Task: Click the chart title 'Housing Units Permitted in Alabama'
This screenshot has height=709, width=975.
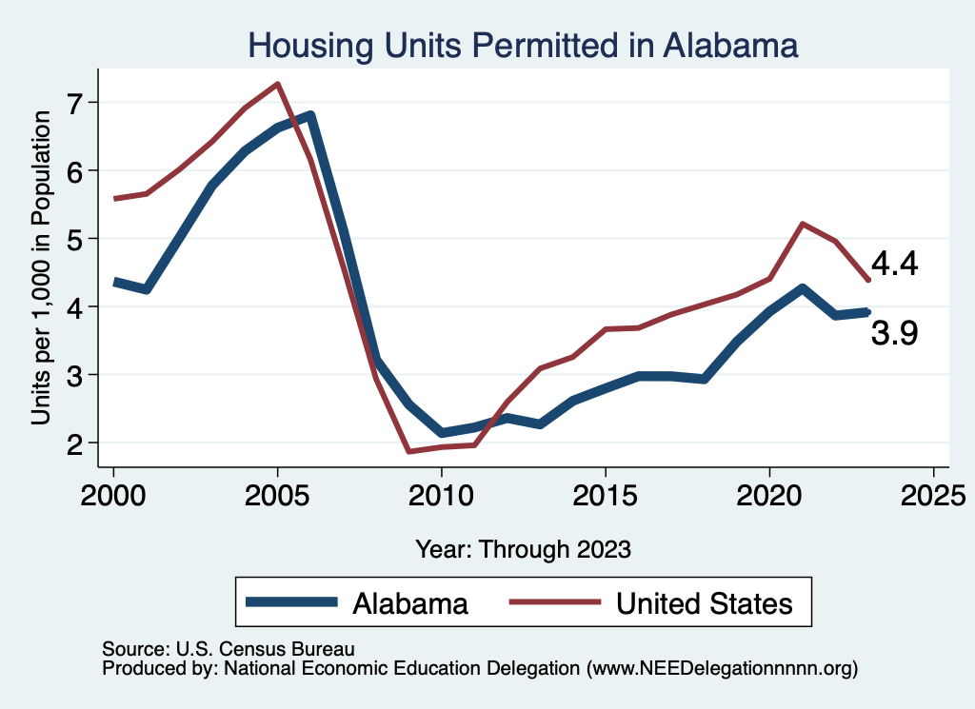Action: (522, 45)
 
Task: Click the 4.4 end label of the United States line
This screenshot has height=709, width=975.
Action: (894, 265)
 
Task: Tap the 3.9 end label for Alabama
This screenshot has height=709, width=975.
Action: (894, 333)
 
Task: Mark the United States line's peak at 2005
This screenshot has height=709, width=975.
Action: (277, 84)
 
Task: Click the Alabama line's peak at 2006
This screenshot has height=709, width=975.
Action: (309, 116)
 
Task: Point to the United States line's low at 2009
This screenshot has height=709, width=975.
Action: (408, 451)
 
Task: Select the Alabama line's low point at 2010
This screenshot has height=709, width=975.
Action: (441, 433)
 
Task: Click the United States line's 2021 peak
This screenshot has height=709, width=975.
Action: (803, 224)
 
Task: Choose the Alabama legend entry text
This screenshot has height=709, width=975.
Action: (410, 603)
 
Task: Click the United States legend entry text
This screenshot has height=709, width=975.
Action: (705, 603)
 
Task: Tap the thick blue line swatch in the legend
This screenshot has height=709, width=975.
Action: (291, 601)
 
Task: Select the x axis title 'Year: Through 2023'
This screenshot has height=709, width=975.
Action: (523, 548)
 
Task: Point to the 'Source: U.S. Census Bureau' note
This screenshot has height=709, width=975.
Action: (228, 650)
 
